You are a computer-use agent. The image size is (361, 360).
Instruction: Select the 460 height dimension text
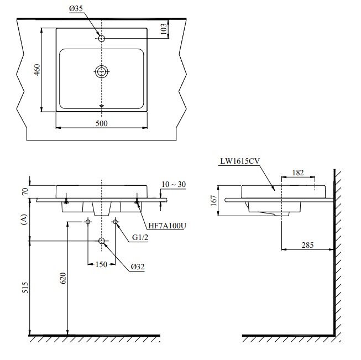click(36, 70)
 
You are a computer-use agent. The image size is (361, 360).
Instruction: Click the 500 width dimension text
click(102, 123)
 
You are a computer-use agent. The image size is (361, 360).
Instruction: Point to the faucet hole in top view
click(102, 38)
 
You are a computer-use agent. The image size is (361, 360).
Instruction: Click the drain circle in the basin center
click(102, 71)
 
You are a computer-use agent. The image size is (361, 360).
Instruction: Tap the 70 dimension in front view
click(24, 192)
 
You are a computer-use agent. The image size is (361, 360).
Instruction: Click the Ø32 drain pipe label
click(138, 266)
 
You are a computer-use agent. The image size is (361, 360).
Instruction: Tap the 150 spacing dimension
click(101, 265)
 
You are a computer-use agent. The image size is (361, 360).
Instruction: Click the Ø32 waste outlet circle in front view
click(102, 241)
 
